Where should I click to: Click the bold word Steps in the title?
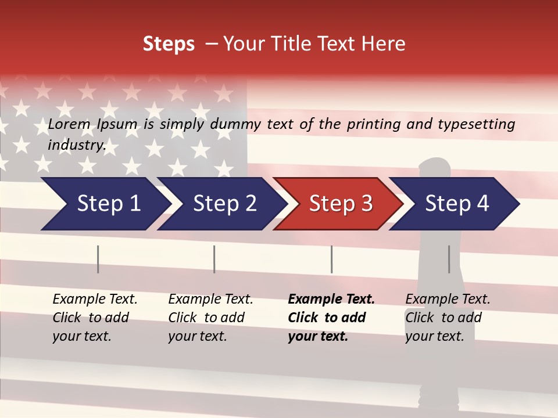pyautogui.click(x=169, y=44)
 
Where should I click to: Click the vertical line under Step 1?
pyautogui.click(x=98, y=259)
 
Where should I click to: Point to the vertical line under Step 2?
pyautogui.click(x=214, y=259)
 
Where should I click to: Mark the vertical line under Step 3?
pyautogui.click(x=331, y=259)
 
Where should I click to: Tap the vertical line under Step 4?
pyautogui.click(x=449, y=259)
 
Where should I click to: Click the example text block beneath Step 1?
pyautogui.click(x=95, y=318)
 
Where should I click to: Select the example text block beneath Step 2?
pyautogui.click(x=210, y=318)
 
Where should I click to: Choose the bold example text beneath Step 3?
pyautogui.click(x=331, y=318)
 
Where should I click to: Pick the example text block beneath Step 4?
pyautogui.click(x=448, y=318)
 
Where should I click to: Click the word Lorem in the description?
pyautogui.click(x=69, y=124)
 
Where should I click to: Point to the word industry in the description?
pyautogui.click(x=77, y=145)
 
